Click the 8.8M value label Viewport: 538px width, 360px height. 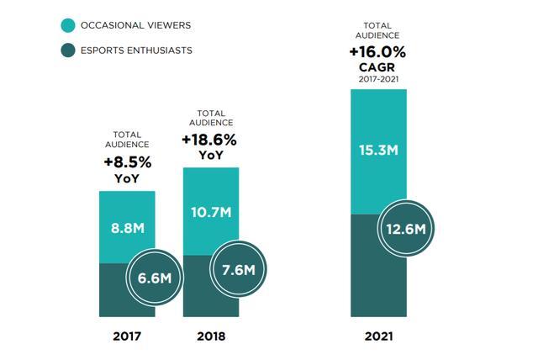[x=127, y=228]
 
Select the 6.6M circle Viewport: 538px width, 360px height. [x=154, y=278]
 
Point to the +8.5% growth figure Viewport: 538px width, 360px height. [x=127, y=162]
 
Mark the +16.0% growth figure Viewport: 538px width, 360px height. [x=377, y=52]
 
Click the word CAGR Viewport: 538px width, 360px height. [x=377, y=66]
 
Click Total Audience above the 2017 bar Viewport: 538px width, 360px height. [x=127, y=140]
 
